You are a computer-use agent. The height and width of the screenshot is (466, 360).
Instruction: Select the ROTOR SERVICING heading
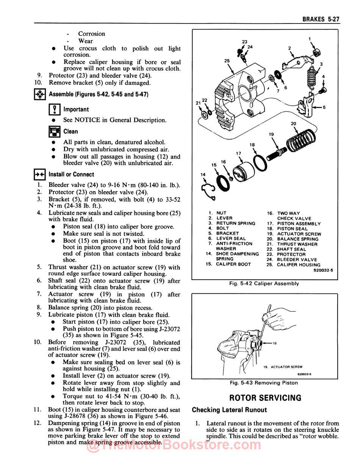[265, 398]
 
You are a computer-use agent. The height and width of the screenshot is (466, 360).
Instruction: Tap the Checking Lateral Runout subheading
[229, 410]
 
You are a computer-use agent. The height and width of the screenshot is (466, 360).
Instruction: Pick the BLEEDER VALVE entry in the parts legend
[297, 260]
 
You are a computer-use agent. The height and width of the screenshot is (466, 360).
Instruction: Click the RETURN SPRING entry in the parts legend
[236, 223]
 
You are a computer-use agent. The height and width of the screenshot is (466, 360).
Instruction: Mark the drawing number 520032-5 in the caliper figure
[323, 270]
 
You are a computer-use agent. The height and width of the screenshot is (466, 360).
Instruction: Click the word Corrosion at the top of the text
[92, 34]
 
